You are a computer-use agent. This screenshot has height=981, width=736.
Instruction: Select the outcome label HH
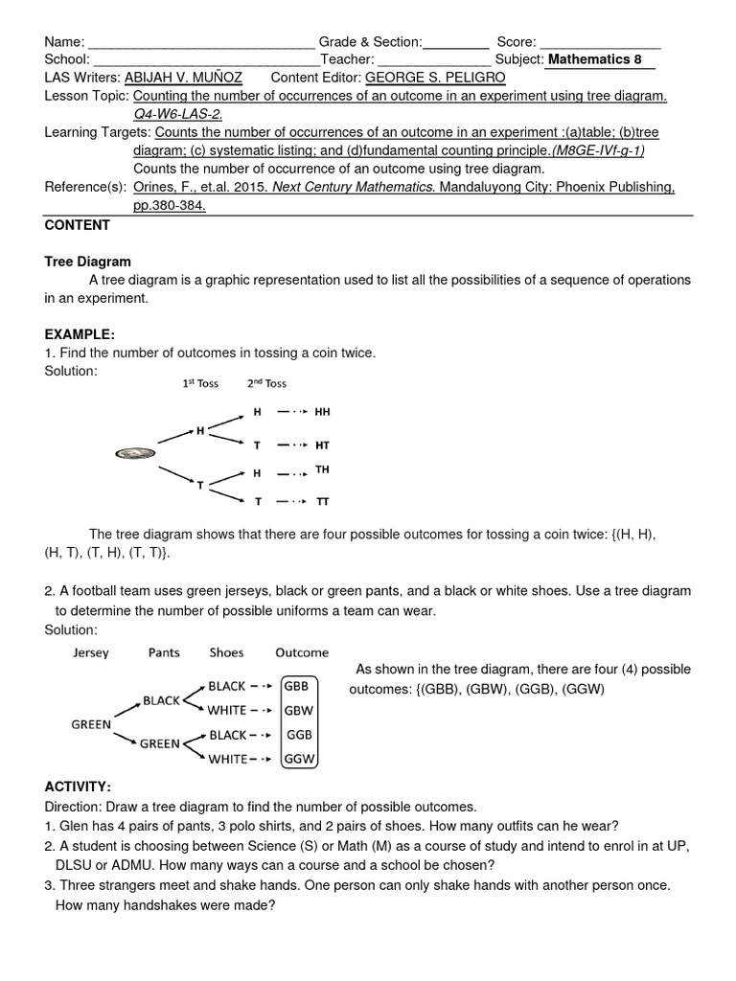tap(322, 412)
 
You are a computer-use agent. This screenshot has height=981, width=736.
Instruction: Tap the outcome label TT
tap(322, 501)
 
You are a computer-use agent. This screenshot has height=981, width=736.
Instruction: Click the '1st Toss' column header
tap(200, 383)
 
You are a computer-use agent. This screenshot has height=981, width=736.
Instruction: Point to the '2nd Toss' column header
tap(266, 383)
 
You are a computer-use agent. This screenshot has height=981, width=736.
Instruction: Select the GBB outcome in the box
tap(298, 686)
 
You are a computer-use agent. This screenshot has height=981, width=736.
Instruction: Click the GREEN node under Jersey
tap(91, 724)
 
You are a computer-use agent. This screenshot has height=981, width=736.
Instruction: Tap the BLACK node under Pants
tap(161, 700)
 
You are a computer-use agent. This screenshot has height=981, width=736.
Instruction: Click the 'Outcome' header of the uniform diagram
tap(302, 652)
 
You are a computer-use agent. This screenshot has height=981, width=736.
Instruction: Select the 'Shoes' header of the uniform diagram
tap(226, 652)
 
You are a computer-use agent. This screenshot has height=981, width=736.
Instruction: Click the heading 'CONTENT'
tap(78, 225)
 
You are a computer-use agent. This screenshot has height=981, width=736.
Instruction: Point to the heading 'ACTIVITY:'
tap(78, 787)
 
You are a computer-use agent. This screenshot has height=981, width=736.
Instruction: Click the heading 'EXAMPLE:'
tap(80, 334)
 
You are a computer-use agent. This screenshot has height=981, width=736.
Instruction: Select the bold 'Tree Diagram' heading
tap(88, 262)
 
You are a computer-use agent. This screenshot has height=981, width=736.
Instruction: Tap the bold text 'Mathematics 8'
tap(594, 59)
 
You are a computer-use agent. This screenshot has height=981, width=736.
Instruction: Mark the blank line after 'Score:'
tap(600, 42)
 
